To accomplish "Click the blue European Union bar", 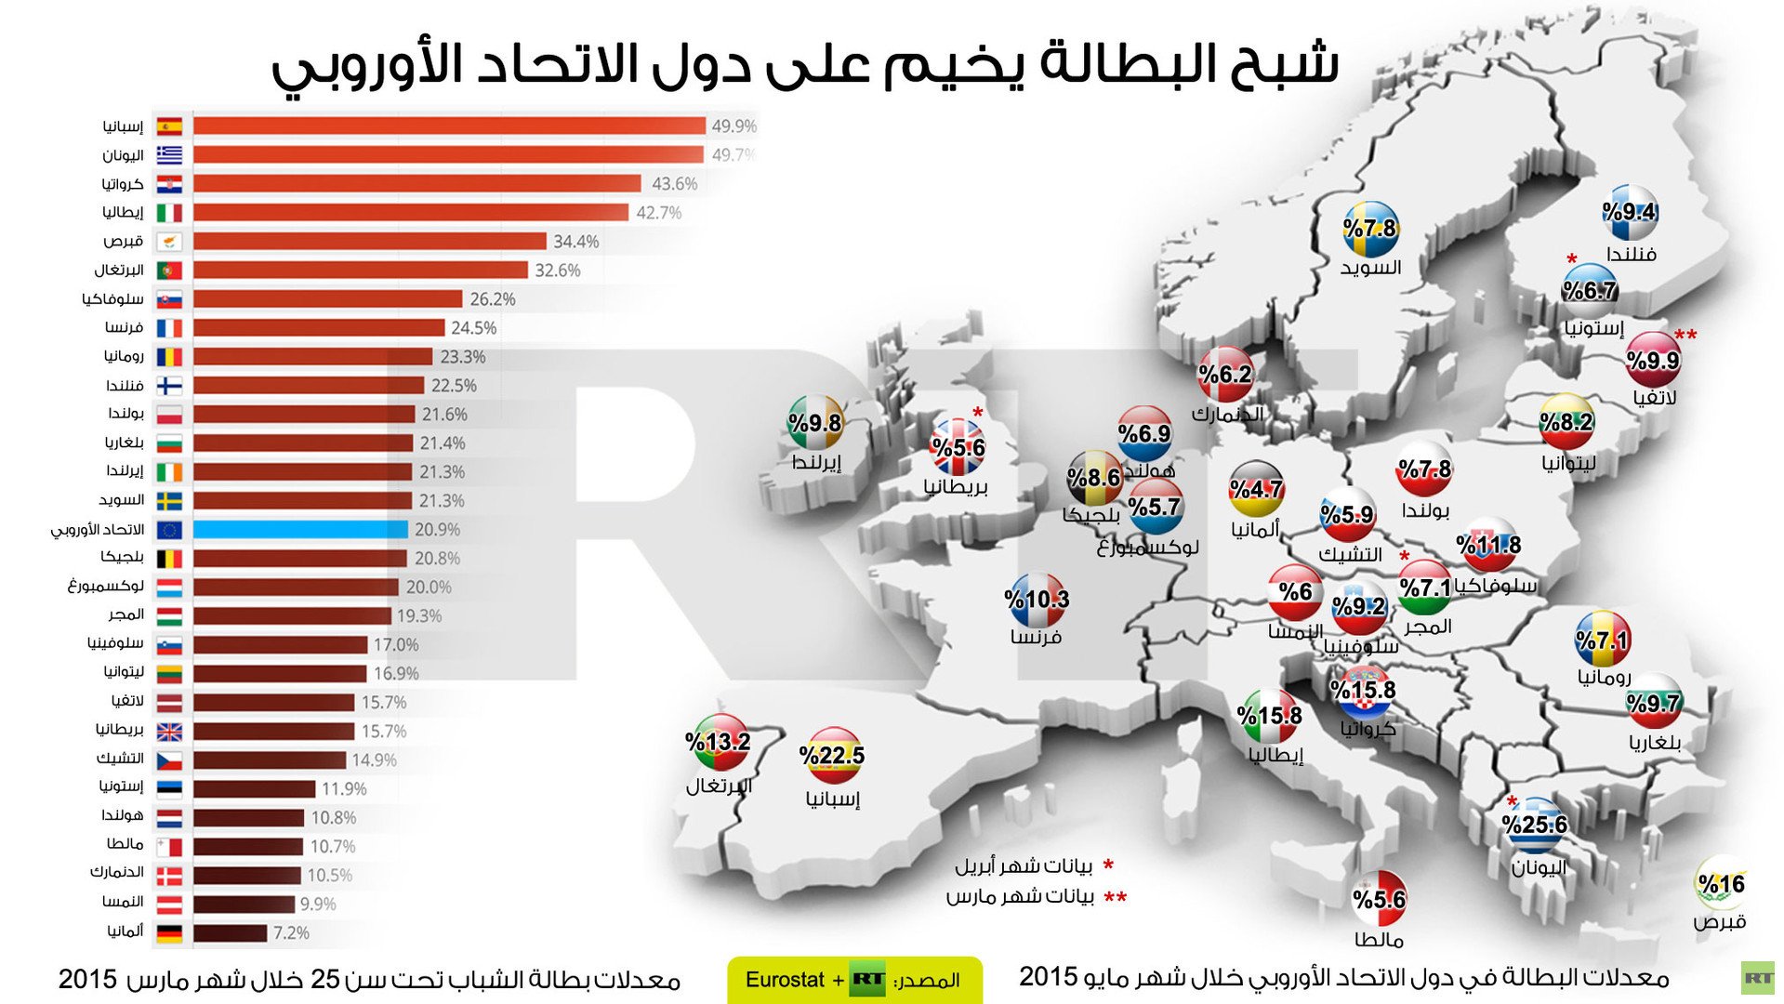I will click(300, 530).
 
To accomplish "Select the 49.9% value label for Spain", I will click(733, 125).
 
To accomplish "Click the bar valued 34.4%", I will click(369, 242).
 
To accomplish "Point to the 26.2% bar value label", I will click(492, 299).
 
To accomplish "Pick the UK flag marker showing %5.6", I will click(958, 447).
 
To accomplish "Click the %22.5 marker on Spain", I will click(832, 755).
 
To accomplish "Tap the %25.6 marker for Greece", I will click(1534, 825).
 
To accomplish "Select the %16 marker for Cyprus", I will click(1721, 883).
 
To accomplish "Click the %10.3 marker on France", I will click(1037, 600).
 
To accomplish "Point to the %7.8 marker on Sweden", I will click(1370, 228).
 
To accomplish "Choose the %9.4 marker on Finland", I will click(1630, 212).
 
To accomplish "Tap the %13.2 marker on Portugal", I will click(718, 742).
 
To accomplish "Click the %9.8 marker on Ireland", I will click(814, 423).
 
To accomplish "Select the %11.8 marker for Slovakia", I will click(1489, 545).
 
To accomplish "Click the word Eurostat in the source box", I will click(785, 980).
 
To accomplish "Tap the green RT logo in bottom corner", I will click(1757, 978).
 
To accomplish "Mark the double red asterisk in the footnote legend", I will click(1115, 897).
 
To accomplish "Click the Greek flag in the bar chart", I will click(169, 155).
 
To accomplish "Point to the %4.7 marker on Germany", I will click(1256, 489).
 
